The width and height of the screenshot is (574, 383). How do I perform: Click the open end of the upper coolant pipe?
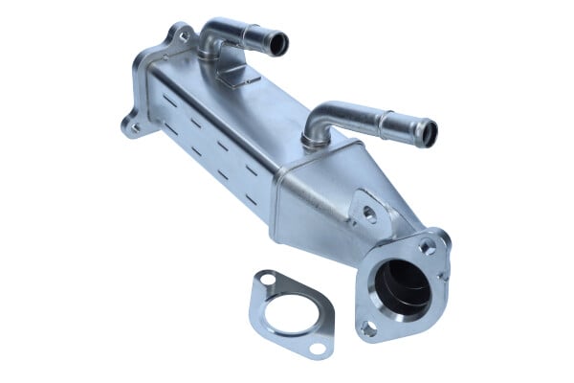click(x=278, y=42)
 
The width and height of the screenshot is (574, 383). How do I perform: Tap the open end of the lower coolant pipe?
click(x=426, y=132)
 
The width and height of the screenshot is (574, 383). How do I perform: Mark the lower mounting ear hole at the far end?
click(x=131, y=126)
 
